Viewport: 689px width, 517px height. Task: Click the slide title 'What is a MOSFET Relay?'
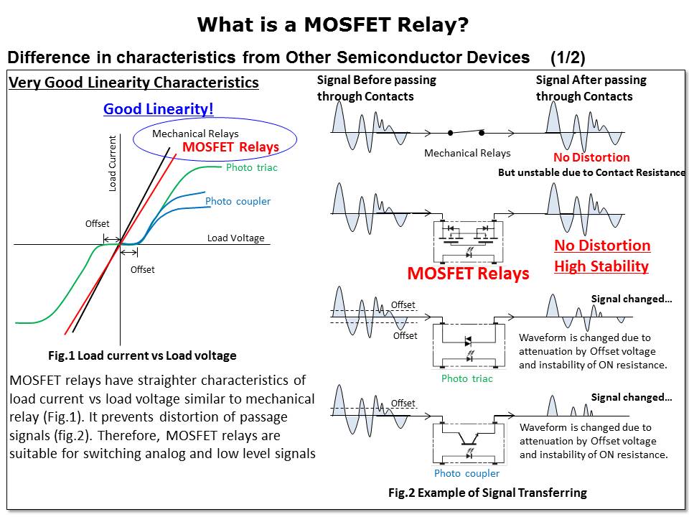[x=333, y=26]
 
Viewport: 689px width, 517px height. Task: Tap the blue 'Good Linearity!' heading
[x=159, y=109]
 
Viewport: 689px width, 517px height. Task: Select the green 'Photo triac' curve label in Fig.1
[x=251, y=167]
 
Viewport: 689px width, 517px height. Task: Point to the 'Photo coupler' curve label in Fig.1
[x=238, y=201]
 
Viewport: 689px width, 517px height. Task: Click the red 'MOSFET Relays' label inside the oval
[x=230, y=147]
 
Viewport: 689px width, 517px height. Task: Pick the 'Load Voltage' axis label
[x=235, y=238]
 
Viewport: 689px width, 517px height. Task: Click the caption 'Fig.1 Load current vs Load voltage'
[x=142, y=355]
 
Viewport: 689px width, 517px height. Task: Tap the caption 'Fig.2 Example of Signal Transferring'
[x=487, y=493]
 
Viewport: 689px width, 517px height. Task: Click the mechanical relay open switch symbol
[x=466, y=133]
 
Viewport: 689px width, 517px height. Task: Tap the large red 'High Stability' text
[x=601, y=266]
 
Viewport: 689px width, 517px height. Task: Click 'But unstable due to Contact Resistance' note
[x=592, y=172]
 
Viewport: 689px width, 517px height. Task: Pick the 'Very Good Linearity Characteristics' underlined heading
[x=133, y=83]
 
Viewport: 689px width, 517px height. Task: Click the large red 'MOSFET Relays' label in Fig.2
[x=468, y=273]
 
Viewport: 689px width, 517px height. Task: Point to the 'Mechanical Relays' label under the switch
[x=467, y=153]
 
